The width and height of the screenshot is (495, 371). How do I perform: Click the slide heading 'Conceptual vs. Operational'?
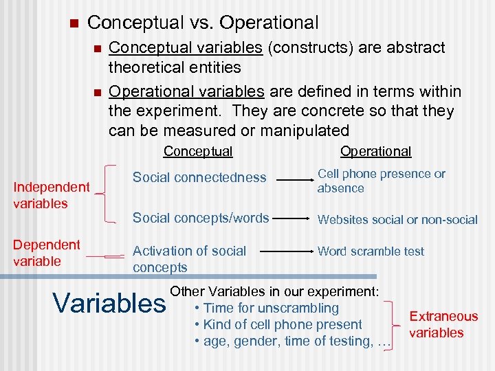pos(203,23)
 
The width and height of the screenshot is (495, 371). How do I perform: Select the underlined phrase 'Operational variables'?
pos(186,91)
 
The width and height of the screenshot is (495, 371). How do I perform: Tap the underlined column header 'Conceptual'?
pos(198,151)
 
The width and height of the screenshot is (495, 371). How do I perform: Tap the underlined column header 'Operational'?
pos(375,151)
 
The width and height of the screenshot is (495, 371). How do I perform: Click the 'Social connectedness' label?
pos(199,177)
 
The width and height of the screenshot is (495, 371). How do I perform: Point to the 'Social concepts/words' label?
pos(201,218)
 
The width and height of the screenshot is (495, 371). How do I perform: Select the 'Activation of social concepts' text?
pos(189,259)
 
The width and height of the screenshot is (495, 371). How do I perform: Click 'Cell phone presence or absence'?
pos(381,181)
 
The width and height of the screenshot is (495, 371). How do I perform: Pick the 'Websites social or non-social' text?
pos(397,220)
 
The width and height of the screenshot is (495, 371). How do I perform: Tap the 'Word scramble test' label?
pos(371,251)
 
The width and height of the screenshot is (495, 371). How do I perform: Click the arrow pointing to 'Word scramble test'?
pos(294,251)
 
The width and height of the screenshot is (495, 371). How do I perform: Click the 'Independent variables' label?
pos(52,195)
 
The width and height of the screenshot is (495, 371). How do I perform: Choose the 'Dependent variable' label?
pos(47,253)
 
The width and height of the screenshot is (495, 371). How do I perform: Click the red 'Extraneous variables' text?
pos(443,324)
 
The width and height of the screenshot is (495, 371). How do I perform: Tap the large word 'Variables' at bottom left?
pos(109,302)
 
